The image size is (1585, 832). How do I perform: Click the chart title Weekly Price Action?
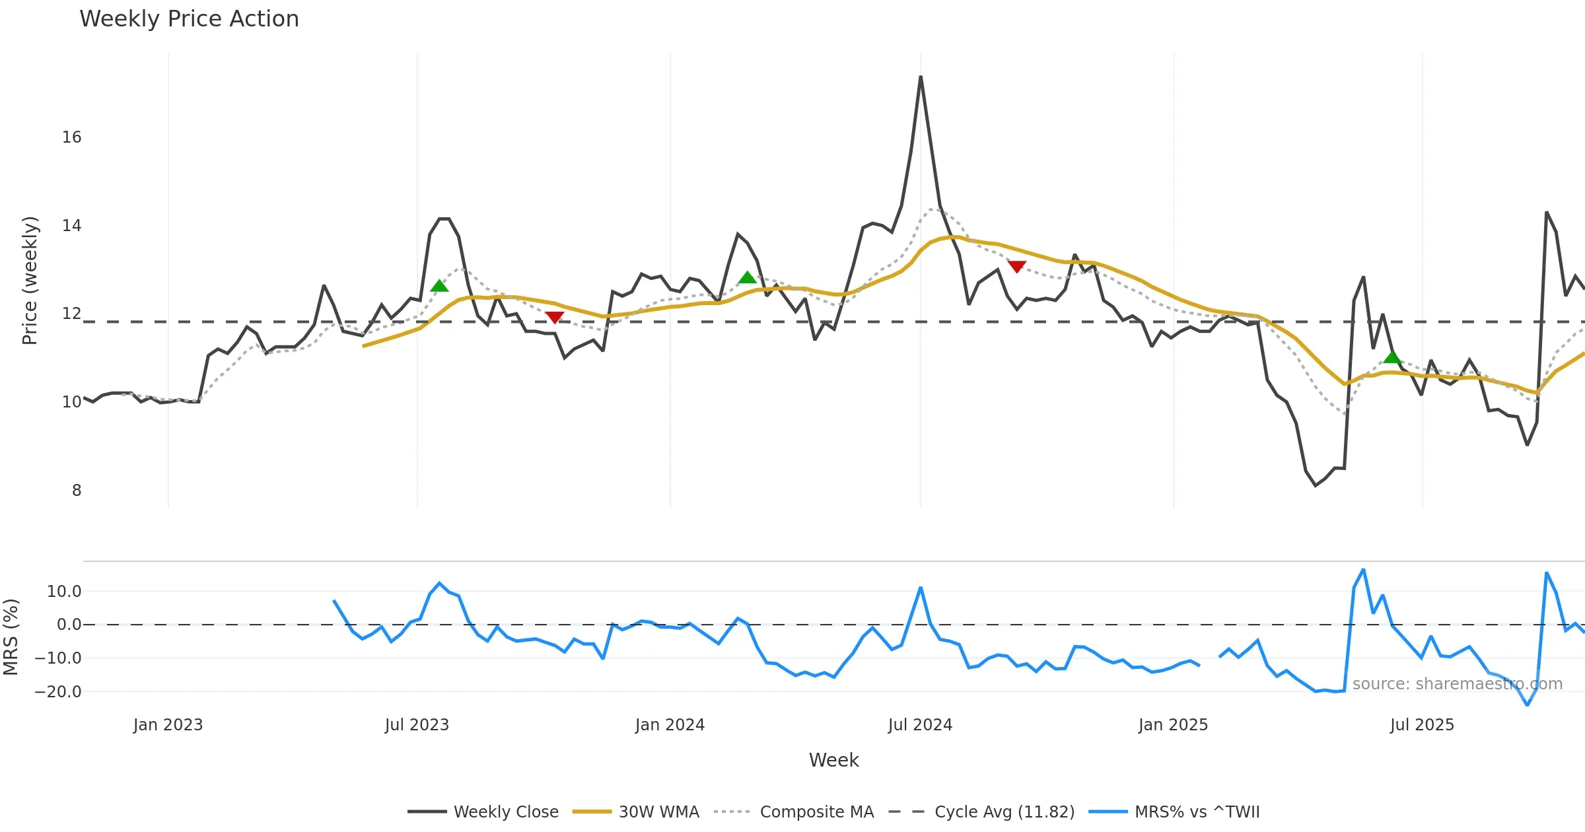click(189, 19)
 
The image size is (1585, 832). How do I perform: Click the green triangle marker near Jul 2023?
click(439, 286)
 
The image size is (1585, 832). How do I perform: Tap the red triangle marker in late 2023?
click(555, 318)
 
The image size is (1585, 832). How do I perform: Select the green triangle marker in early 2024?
click(747, 277)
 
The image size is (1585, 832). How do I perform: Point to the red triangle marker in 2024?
click(1017, 267)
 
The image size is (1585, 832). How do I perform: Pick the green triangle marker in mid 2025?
click(1392, 357)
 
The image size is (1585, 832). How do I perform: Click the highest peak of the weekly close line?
click(921, 77)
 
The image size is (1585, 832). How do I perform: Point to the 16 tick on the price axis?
click(71, 137)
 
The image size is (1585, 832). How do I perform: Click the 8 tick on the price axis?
click(77, 491)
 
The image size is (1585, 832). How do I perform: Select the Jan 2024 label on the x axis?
click(670, 725)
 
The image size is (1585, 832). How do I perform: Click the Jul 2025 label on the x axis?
click(1422, 725)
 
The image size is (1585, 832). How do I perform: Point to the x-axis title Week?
click(833, 761)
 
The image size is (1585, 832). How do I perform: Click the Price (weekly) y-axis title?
click(30, 281)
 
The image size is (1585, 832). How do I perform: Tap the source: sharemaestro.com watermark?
click(1457, 684)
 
